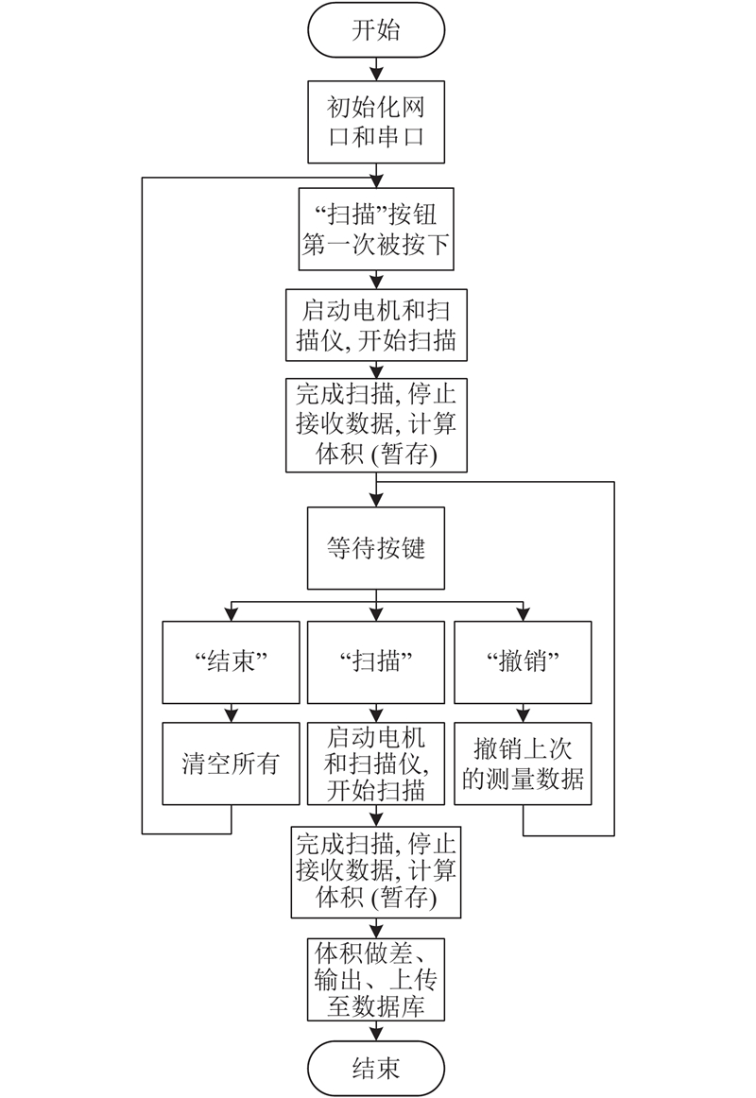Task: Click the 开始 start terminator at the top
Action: (376, 30)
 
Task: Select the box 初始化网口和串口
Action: (376, 122)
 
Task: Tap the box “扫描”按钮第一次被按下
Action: (376, 229)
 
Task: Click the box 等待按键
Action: (376, 548)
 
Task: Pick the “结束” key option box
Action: (231, 661)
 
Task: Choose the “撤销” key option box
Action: (523, 661)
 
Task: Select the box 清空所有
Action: (231, 763)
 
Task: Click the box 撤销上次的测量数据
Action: (523, 763)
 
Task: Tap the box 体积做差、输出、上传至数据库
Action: (376, 980)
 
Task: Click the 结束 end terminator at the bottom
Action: (376, 1069)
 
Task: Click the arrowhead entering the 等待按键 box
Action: (377, 501)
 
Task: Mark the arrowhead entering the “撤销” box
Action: (523, 614)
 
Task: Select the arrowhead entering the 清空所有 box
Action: (231, 715)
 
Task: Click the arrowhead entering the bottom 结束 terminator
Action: (377, 1034)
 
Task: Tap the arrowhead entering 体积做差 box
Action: (377, 932)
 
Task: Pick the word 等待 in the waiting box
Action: (352, 548)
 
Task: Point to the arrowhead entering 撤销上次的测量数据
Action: (523, 715)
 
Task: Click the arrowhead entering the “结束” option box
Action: (231, 614)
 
